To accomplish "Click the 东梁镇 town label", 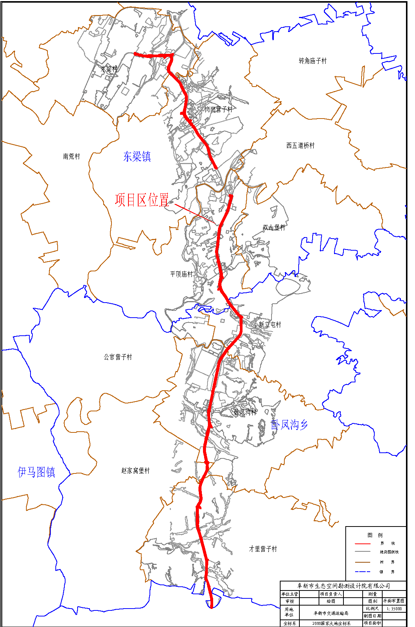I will click(137, 157).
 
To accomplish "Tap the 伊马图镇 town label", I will click(37, 472).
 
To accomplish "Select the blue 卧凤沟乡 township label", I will click(289, 425).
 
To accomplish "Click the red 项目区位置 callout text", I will click(142, 200).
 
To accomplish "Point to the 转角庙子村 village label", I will click(313, 61).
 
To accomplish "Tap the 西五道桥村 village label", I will click(300, 146).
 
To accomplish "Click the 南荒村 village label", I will click(72, 157).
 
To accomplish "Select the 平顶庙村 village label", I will click(181, 274).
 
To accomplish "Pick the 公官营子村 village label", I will click(118, 357).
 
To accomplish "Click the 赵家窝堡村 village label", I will click(136, 471).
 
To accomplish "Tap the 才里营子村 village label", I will click(263, 549).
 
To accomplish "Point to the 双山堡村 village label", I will click(274, 228).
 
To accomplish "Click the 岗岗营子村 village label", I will click(218, 110).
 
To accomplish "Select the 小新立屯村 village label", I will click(267, 325).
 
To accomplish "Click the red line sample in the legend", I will click(363, 544).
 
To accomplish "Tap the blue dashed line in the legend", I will click(363, 572).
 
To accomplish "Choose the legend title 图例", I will click(375, 535).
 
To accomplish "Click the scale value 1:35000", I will click(394, 609).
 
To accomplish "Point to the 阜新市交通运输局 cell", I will click(331, 613).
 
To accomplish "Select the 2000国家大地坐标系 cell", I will click(331, 623).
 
